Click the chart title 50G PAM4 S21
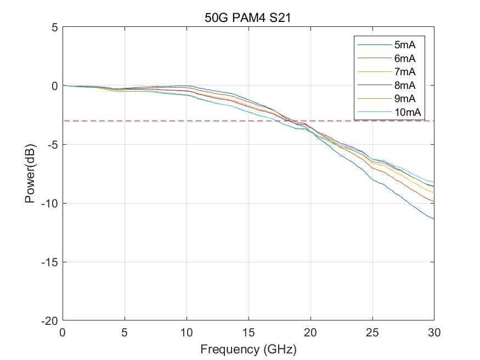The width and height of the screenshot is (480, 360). pyautogui.click(x=247, y=18)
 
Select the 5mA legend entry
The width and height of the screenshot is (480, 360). pyautogui.click(x=404, y=45)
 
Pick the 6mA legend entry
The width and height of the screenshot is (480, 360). pyautogui.click(x=404, y=59)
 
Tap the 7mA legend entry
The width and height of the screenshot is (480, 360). pyautogui.click(x=404, y=72)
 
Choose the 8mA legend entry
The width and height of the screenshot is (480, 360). pyautogui.click(x=404, y=86)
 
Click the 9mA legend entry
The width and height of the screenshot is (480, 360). pyautogui.click(x=404, y=99)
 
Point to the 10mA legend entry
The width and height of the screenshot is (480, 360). pyautogui.click(x=406, y=113)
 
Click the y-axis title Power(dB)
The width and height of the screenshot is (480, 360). pyautogui.click(x=30, y=173)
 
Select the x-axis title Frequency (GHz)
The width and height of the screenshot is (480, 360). pyautogui.click(x=248, y=349)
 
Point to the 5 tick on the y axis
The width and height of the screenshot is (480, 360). pyautogui.click(x=54, y=27)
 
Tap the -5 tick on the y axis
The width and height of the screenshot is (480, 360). pyautogui.click(x=52, y=145)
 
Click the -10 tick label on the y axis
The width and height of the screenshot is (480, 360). pyautogui.click(x=50, y=204)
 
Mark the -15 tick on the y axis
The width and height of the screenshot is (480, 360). pyautogui.click(x=50, y=262)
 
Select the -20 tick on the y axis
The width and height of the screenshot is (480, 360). pyautogui.click(x=50, y=320)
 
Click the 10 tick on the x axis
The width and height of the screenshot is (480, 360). pyautogui.click(x=187, y=332)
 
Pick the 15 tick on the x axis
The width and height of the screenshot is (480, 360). pyautogui.click(x=249, y=332)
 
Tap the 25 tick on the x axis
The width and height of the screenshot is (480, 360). pyautogui.click(x=372, y=332)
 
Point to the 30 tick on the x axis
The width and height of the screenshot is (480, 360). pyautogui.click(x=434, y=332)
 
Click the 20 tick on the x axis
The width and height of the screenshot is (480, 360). pyautogui.click(x=310, y=332)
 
